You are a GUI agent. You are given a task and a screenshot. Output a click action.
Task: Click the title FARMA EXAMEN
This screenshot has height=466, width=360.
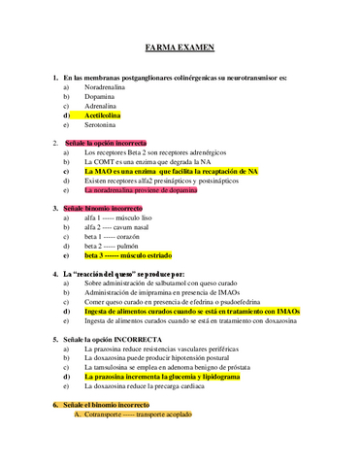click(x=180, y=46)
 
